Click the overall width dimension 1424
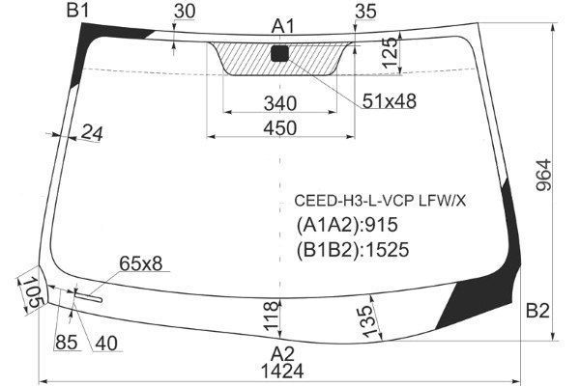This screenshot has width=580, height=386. pos(280,371)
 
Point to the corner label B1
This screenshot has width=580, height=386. pos(78,12)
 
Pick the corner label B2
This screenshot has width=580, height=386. pos(537,311)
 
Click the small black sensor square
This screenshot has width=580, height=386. pos(281,54)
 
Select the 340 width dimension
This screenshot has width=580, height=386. pos(279,103)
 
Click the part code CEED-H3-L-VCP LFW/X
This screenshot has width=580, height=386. pos(380,201)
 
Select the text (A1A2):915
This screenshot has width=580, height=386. pos(346,225)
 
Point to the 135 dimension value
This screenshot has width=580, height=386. pos(365,318)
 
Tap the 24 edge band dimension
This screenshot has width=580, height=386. pos(93,133)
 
